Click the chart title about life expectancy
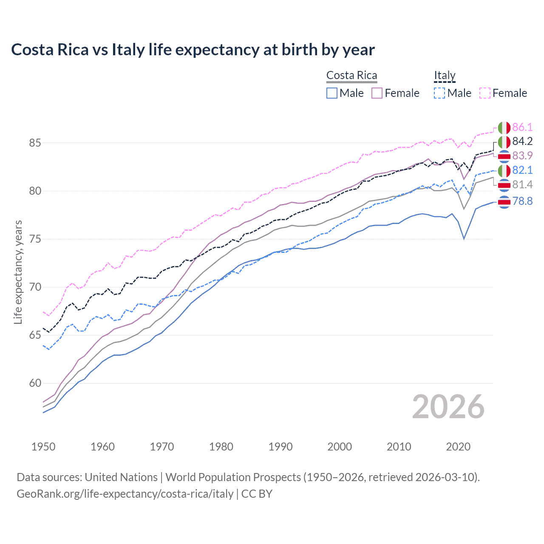coord(193,50)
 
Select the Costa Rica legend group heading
coord(351,76)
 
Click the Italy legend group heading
coord(445,76)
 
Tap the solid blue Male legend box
coord(332,93)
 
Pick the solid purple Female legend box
coord(377,93)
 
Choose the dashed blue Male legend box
coord(439,93)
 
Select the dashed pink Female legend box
coord(485,93)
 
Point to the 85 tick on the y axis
coord(35,143)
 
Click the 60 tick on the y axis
coord(35,383)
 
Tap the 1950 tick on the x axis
coord(43,447)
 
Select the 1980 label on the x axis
coord(221,447)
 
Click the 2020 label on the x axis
coord(458,447)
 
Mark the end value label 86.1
coord(522,127)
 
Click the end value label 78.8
coord(522,201)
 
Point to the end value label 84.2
coord(522,142)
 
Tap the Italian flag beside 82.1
coord(504,171)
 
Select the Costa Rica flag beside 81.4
coord(504,185)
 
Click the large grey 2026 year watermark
coord(448,407)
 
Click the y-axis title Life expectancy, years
coord(18,272)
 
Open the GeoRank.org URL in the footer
coord(125,494)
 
